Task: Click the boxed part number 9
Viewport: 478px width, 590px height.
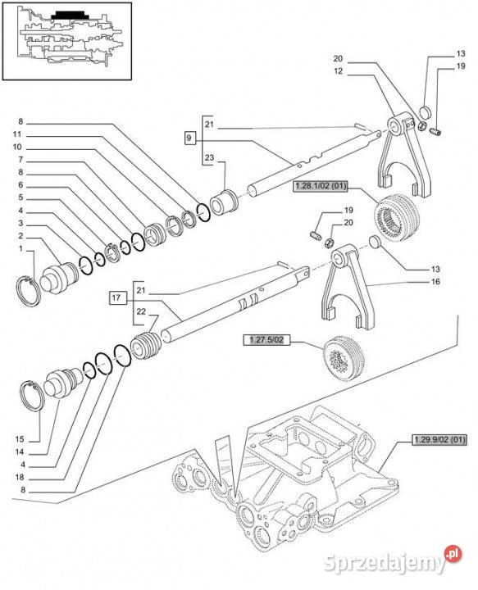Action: [189, 138]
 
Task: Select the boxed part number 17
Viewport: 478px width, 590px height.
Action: [116, 297]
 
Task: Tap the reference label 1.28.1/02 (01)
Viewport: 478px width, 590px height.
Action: [321, 186]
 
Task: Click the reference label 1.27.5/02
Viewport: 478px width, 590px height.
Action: [266, 340]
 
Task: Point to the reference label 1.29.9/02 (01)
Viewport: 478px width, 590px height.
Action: [439, 439]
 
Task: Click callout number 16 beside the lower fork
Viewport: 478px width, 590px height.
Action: [435, 281]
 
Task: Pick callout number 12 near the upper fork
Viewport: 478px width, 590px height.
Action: [339, 71]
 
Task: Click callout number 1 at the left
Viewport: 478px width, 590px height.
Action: [20, 248]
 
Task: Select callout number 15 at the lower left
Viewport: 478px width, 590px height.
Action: [20, 439]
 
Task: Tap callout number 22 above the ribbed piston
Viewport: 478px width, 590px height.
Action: [141, 311]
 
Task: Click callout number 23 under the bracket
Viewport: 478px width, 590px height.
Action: [209, 157]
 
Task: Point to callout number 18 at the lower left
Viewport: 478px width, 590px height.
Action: [20, 477]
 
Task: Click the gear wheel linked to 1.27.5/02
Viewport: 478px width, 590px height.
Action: [344, 358]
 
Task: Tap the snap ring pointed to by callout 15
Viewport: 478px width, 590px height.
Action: [31, 397]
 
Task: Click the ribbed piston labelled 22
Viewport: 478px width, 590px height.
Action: [145, 346]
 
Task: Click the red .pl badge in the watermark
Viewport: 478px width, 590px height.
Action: [453, 553]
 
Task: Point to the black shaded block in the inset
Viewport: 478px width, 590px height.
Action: [69, 16]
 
